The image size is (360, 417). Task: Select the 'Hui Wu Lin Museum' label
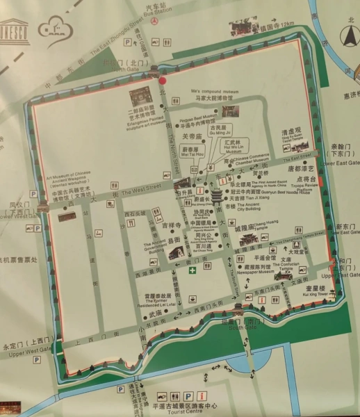click(x=216, y=147)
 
